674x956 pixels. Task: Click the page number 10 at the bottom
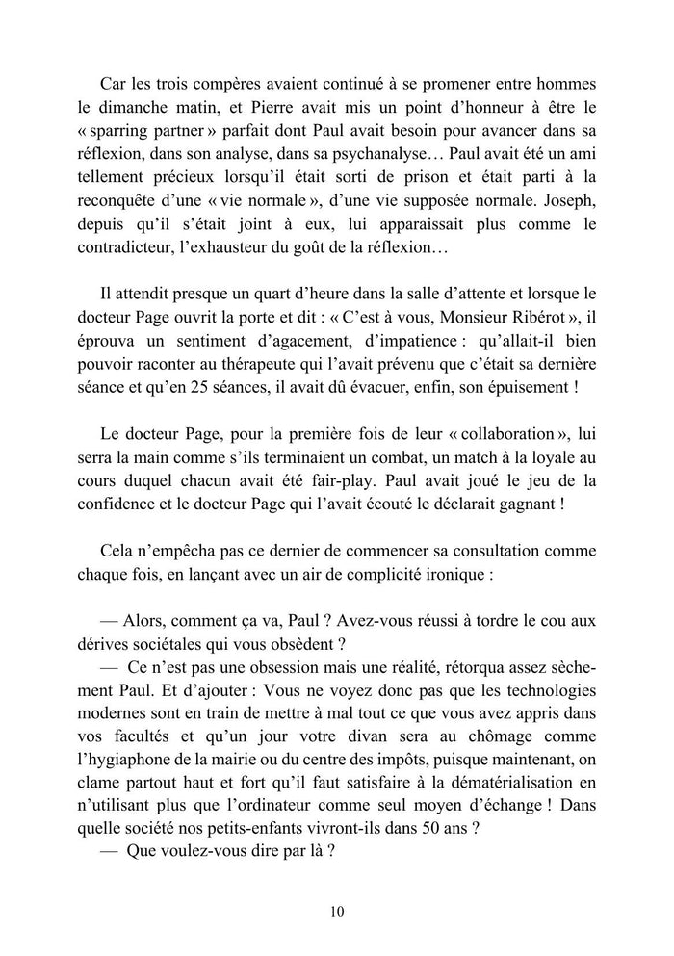tap(336, 912)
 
